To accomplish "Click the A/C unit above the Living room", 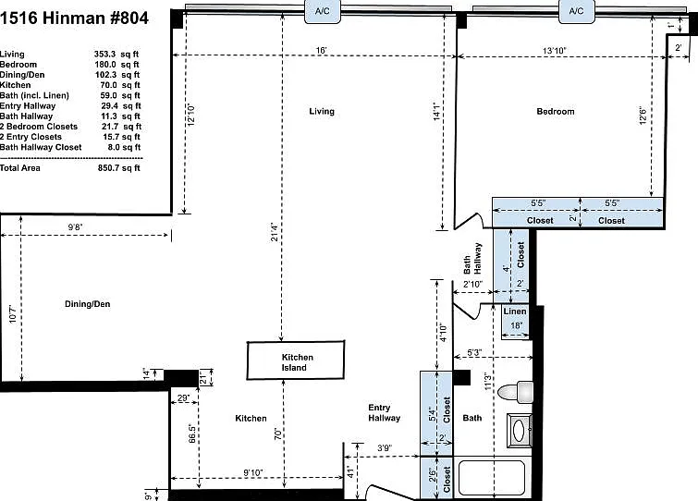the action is pos(323,11).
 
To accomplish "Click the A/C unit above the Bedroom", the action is pos(577,11).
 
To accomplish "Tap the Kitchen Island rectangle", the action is pos(296,360).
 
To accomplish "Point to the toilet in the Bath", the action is pos(516,392).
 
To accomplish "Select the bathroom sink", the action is pos(520,430).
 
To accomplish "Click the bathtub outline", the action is pos(492,478).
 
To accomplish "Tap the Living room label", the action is pos(322,111).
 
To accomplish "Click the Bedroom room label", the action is pos(556,111).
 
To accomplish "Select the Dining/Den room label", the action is pos(88,304).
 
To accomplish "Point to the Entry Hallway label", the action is pos(385,412).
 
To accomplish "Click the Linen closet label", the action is pos(515,312).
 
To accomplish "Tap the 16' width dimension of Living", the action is pos(322,50).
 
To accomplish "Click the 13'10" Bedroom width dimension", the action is pos(554,51).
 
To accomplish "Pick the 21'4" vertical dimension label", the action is pos(275,232).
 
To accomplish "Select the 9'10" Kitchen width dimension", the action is pos(252,472).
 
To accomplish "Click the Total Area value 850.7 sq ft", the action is pos(119,168).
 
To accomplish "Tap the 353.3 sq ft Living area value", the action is pos(116,55).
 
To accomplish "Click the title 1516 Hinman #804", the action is pos(74,18).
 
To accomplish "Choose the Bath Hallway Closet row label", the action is pos(41,147).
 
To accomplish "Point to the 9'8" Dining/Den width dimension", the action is pos(75,226).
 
